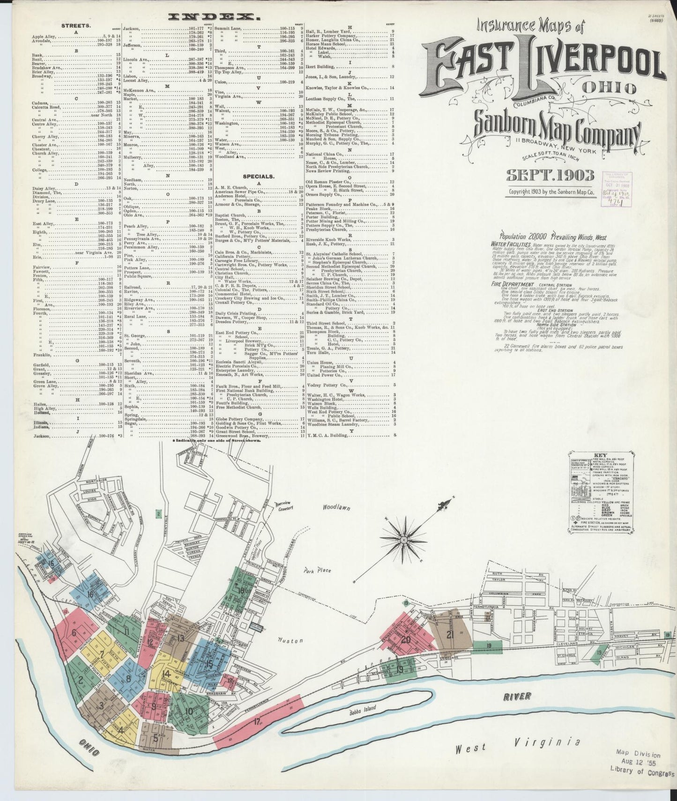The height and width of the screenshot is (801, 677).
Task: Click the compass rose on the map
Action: coord(403,540)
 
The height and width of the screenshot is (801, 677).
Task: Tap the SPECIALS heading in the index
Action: coord(257,177)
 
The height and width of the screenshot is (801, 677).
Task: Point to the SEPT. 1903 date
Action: coord(551,177)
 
